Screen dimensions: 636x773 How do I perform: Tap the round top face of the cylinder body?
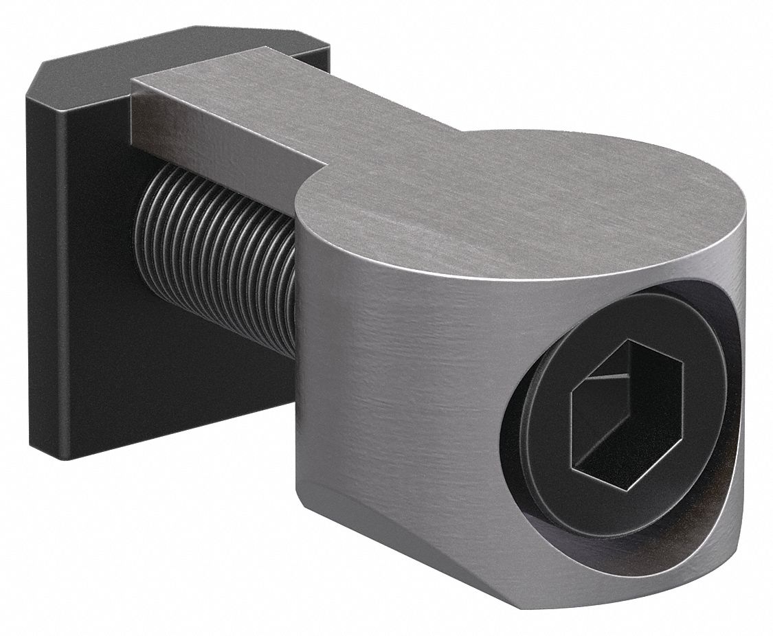[515, 199]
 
